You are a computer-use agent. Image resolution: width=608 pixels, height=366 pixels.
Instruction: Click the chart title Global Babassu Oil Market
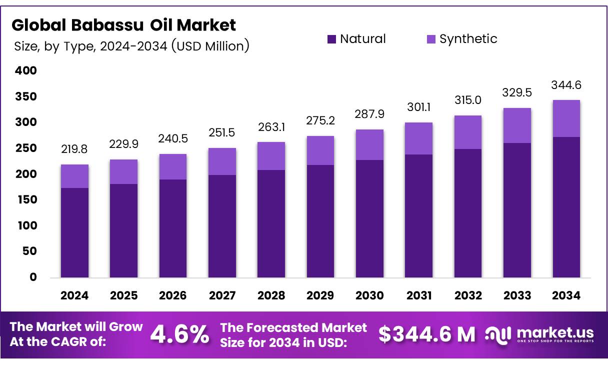tap(123, 24)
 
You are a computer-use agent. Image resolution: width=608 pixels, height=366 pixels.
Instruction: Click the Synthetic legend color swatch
tap(431, 39)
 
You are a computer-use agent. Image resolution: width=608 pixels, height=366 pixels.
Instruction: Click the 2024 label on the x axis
tap(74, 295)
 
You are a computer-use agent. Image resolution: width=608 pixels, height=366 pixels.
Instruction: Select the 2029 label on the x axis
tap(320, 295)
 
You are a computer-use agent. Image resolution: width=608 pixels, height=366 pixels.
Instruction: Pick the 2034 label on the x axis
tap(566, 295)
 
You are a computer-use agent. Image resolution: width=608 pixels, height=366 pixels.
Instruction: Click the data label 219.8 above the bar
tap(74, 149)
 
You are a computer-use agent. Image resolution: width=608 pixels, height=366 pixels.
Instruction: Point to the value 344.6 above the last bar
tap(566, 85)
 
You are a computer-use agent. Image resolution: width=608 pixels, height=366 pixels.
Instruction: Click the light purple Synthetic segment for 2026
tap(173, 166)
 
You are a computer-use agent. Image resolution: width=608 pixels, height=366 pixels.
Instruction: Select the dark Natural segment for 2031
tap(419, 215)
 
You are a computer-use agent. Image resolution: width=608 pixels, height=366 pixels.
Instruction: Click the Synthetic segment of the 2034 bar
tap(566, 118)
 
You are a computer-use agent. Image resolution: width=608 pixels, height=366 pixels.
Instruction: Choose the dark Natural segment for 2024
tap(74, 232)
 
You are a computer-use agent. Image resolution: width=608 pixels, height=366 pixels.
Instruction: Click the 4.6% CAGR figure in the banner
tap(180, 334)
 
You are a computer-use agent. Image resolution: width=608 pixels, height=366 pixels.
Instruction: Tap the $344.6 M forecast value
tap(426, 334)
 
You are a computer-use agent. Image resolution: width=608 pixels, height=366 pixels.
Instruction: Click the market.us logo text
tap(555, 332)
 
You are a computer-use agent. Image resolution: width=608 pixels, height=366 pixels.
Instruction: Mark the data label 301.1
tap(419, 107)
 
